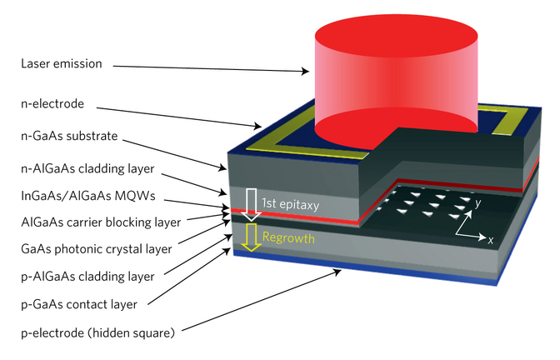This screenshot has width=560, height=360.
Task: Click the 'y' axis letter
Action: click(477, 202)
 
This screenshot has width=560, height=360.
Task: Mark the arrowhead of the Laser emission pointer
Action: click(311, 72)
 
